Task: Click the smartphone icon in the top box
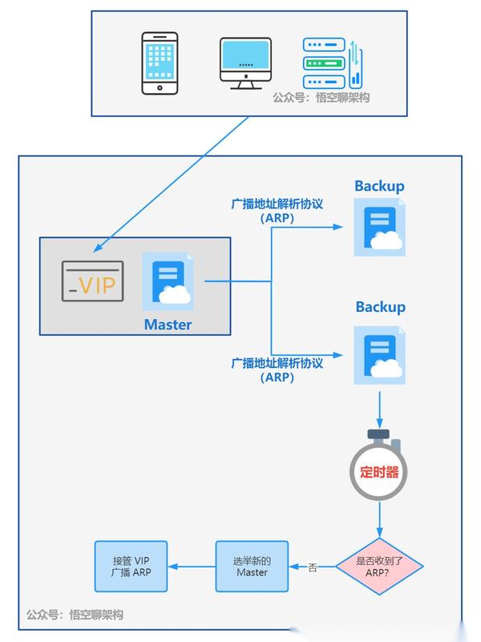pos(160,63)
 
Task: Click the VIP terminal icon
pos(94,281)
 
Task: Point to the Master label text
pos(168,325)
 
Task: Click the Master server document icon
pos(168,281)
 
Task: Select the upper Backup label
pos(379,186)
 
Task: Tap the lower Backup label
pos(380,307)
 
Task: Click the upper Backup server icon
pos(380,229)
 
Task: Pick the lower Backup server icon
pos(380,354)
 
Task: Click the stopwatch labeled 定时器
pos(379,469)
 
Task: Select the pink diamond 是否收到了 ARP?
pos(379,567)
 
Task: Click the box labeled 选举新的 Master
pos(252,567)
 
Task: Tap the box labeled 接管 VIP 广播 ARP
pos(131,567)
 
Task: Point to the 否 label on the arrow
pos(313,567)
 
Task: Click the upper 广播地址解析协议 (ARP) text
pos(277,211)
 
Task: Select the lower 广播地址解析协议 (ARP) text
pos(277,369)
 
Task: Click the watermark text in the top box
pos(321,97)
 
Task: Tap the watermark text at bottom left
pos(75,615)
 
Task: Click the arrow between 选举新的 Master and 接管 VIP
pos(192,567)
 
